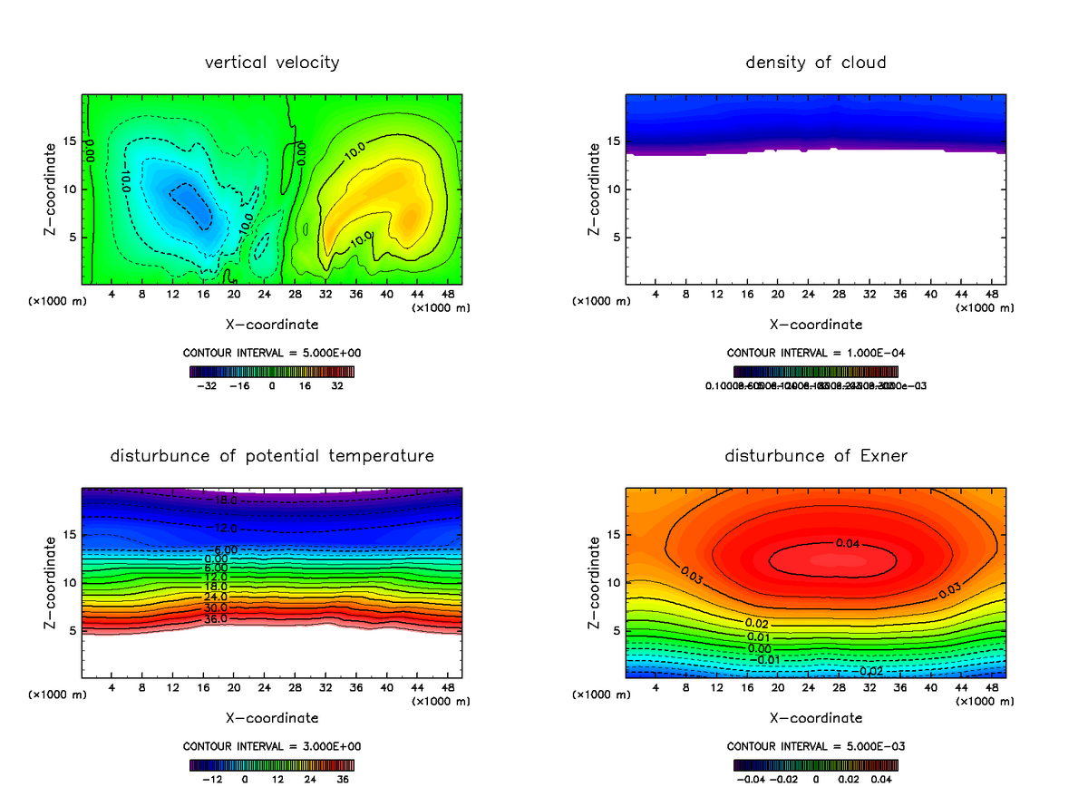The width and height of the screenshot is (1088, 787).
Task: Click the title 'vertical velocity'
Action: click(272, 63)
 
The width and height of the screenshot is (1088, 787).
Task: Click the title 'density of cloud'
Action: click(815, 63)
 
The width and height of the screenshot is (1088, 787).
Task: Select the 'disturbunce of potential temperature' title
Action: click(272, 455)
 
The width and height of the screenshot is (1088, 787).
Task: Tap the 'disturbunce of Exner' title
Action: click(815, 455)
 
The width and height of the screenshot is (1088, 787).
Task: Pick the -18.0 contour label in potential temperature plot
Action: click(221, 500)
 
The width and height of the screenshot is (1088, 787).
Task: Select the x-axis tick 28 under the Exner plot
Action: click(839, 687)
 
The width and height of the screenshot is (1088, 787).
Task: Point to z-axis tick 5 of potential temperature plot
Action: click(73, 630)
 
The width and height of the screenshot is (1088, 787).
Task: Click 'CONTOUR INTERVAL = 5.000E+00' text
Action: click(273, 353)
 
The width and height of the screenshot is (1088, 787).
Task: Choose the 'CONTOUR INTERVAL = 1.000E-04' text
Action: click(816, 353)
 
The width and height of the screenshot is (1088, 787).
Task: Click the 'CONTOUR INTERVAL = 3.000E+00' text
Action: click(273, 746)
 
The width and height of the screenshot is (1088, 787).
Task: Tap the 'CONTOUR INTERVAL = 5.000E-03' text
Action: click(816, 746)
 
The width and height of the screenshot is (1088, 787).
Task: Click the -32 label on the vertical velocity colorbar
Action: click(209, 385)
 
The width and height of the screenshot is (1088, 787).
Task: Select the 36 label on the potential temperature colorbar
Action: click(343, 778)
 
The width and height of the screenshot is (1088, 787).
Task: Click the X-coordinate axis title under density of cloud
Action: click(816, 324)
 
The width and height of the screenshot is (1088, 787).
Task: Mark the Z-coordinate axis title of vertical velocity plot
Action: click(50, 189)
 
